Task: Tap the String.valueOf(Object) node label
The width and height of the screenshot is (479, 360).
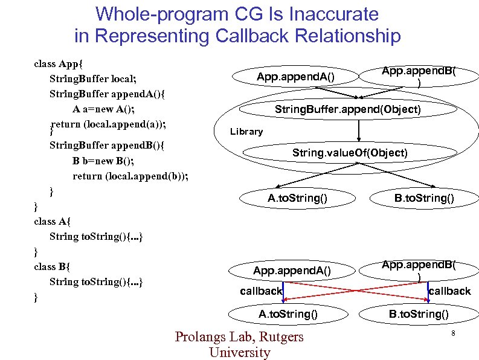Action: [x=350, y=153]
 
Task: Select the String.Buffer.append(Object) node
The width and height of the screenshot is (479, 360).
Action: [x=347, y=109]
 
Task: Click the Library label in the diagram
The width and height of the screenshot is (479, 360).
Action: [x=246, y=132]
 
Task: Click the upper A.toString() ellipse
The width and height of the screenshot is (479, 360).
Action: [x=297, y=198]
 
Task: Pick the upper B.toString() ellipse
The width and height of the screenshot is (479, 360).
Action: [x=424, y=198]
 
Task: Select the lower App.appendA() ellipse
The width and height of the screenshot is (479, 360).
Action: [x=292, y=271]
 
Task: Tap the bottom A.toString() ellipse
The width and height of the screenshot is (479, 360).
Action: [x=288, y=313]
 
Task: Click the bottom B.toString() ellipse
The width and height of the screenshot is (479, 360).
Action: [x=419, y=313]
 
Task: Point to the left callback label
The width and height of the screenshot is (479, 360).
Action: [x=261, y=291]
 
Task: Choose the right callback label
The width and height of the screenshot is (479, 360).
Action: [x=449, y=291]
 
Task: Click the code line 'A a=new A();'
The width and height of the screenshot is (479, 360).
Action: [x=103, y=109]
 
